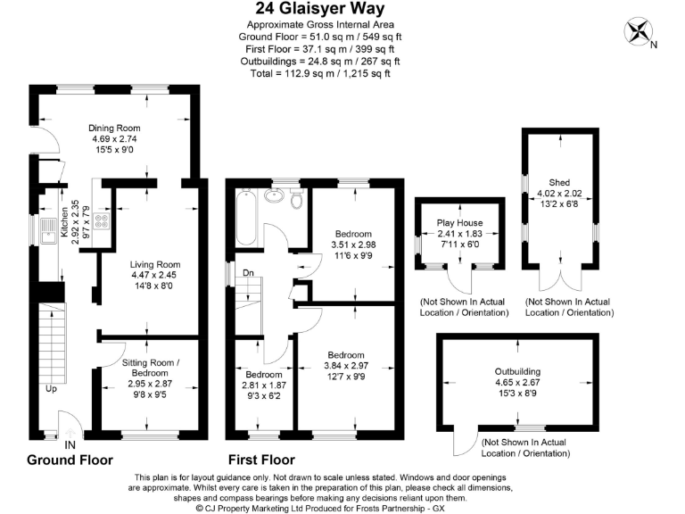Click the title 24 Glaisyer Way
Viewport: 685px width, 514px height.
tap(320, 9)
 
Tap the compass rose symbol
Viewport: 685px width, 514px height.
tap(639, 32)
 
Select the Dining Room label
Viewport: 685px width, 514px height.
tap(115, 128)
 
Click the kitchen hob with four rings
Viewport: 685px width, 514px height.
tap(101, 223)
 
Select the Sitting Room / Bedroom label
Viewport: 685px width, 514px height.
tap(150, 368)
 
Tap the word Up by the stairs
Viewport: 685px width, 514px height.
tap(53, 389)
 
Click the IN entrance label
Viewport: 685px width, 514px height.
tap(70, 444)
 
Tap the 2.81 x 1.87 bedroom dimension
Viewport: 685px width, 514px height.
tap(264, 385)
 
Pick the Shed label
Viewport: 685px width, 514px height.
tap(559, 181)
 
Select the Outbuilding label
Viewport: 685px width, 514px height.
tap(518, 371)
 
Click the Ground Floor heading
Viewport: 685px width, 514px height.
tap(70, 460)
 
